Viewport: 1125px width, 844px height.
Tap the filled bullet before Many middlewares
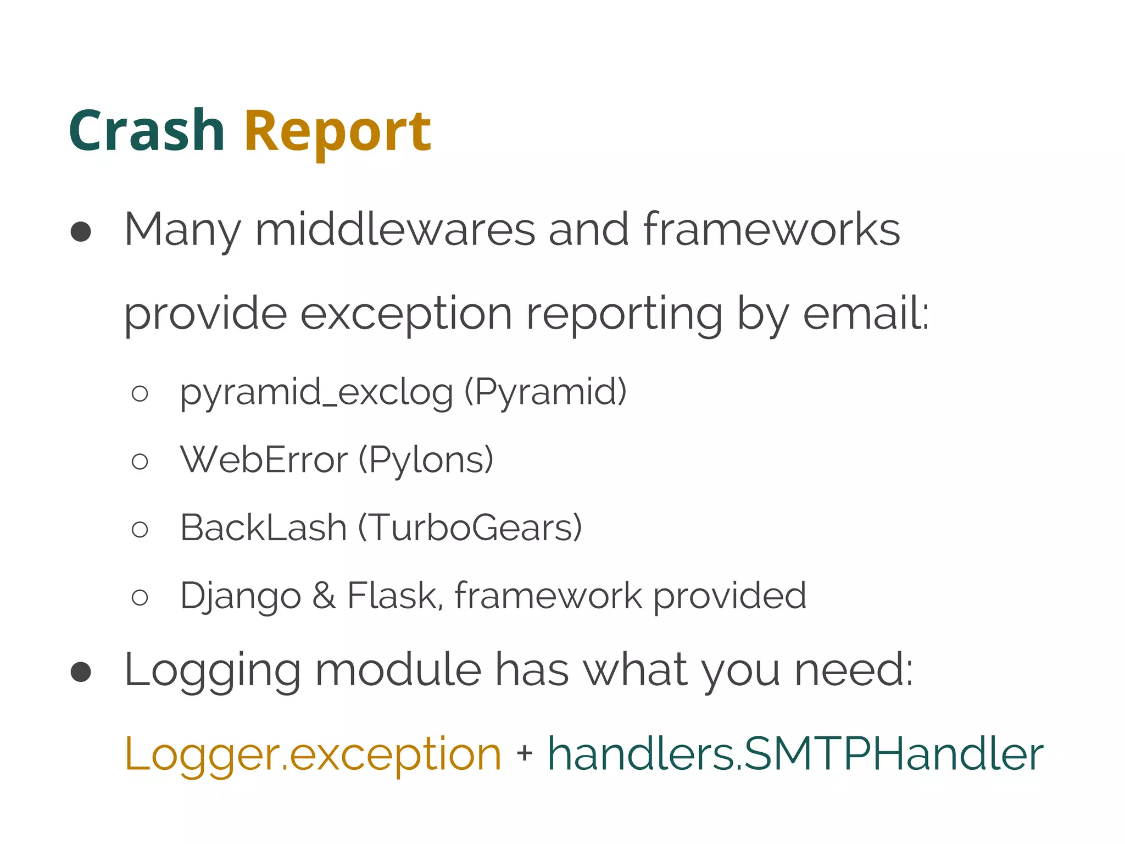click(x=81, y=231)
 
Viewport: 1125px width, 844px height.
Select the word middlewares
click(x=395, y=229)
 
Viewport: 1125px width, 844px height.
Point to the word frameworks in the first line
click(x=771, y=229)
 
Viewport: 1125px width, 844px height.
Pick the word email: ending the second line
click(x=866, y=313)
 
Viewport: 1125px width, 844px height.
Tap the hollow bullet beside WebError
click(x=140, y=461)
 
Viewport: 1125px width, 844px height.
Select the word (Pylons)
click(x=426, y=460)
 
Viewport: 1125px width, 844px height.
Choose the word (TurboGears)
click(x=470, y=528)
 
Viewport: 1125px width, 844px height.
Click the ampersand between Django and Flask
click(x=324, y=596)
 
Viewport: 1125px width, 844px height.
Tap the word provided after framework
click(x=729, y=596)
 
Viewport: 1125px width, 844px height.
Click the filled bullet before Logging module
click(x=81, y=671)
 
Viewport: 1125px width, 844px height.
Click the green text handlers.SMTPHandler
click(x=795, y=754)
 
